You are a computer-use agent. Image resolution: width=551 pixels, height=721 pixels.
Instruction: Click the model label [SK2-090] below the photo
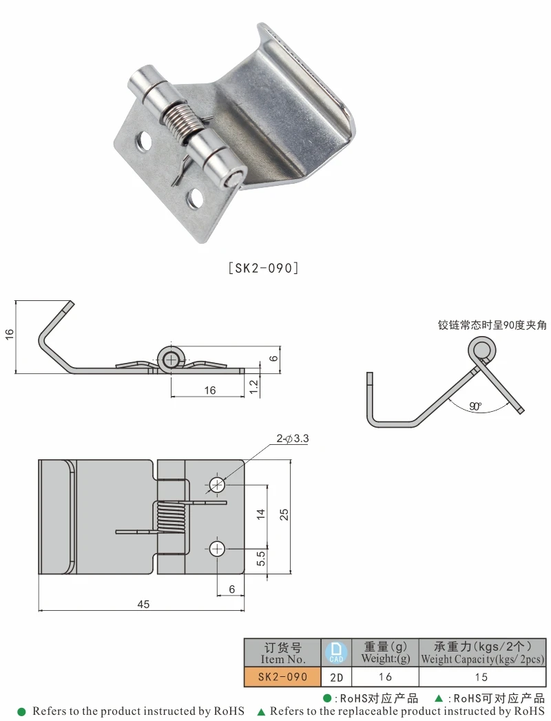coord(262,268)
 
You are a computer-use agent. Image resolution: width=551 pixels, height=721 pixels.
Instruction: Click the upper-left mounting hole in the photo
coord(144,140)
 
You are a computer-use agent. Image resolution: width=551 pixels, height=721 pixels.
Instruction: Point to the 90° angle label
coord(475,406)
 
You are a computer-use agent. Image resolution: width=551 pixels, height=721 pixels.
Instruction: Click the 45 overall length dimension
coord(143,604)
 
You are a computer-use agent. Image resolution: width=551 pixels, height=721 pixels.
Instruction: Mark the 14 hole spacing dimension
coord(261,514)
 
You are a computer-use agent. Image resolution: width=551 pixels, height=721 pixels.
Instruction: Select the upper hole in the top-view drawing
coord(218,484)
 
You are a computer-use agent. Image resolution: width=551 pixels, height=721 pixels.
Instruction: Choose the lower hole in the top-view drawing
coord(218,549)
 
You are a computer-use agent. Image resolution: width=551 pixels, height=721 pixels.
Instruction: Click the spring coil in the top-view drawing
coord(170,517)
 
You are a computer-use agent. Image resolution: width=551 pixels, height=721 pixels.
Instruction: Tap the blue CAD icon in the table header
coord(336,652)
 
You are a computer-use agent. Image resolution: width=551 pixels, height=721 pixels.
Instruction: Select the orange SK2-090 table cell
coord(282,676)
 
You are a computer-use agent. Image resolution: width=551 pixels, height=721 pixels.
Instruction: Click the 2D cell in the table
coord(336,677)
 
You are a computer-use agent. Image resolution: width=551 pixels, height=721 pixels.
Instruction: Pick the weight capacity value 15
coord(482,677)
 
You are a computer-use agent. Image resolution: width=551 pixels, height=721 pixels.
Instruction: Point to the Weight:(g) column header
coord(386,653)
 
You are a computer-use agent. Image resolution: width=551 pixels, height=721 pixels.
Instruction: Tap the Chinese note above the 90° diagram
coord(492,325)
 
